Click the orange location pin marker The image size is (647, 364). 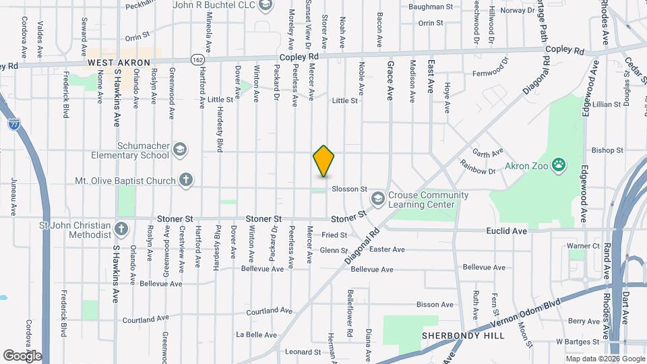[x=324, y=160]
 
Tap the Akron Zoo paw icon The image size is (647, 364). [x=559, y=164]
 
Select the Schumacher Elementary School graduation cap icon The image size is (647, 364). [x=179, y=149]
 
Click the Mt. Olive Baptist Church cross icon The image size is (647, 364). [x=187, y=180]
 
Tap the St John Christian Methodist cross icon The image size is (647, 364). [x=121, y=229]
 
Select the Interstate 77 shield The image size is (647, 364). [x=14, y=123]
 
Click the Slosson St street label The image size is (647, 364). [x=348, y=189]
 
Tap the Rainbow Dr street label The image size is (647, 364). [x=477, y=166]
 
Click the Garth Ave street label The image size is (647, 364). [x=489, y=153]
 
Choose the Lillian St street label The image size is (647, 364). [x=607, y=104]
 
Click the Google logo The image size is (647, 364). [x=22, y=355]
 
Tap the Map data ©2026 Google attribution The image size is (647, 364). [x=604, y=359]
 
